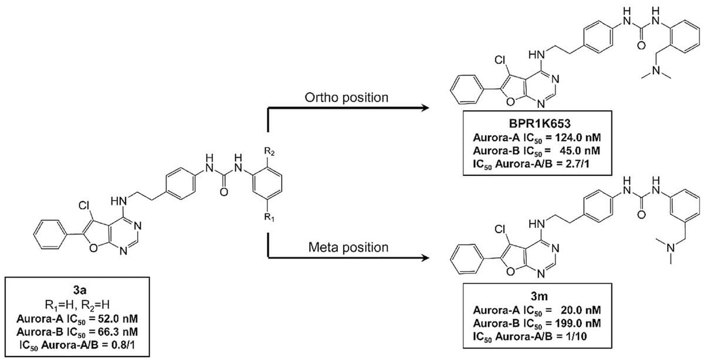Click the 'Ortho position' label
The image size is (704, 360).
click(x=347, y=97)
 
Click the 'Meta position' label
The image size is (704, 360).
click(x=348, y=247)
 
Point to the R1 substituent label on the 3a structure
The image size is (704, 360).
click(x=269, y=218)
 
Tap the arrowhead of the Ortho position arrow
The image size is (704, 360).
click(x=423, y=108)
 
